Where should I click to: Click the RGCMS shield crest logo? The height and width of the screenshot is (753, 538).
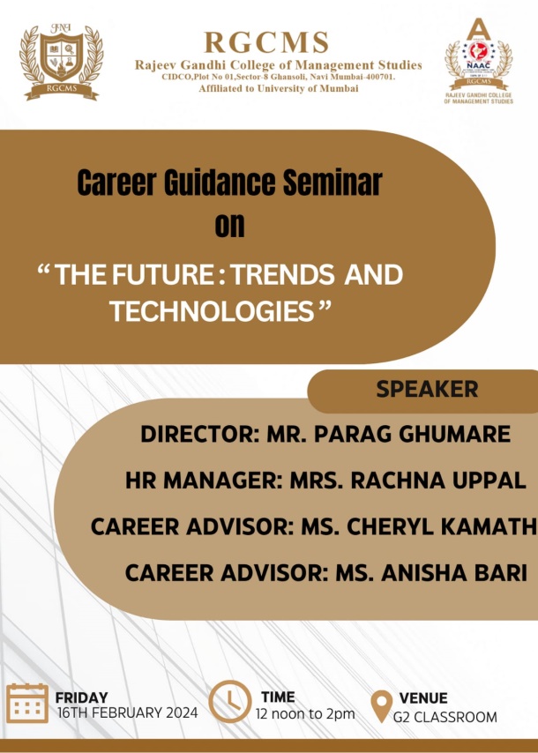61,61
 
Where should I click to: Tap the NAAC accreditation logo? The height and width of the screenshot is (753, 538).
478,61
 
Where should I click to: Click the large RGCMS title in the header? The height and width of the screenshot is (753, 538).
266,42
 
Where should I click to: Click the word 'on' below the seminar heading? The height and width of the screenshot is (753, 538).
229,225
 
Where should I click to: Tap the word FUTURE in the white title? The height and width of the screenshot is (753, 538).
162,275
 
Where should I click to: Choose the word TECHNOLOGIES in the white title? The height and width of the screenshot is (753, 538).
212,311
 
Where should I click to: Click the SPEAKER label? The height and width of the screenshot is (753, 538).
427,389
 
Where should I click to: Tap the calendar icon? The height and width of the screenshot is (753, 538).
27,703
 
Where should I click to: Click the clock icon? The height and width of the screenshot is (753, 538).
229,702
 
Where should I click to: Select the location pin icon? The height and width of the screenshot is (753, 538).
381,706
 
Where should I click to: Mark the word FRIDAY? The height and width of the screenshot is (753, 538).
82,697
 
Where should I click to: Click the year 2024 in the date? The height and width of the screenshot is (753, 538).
182,712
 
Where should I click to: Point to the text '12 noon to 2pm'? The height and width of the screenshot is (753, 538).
305,714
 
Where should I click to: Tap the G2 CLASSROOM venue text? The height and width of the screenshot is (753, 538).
445,717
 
